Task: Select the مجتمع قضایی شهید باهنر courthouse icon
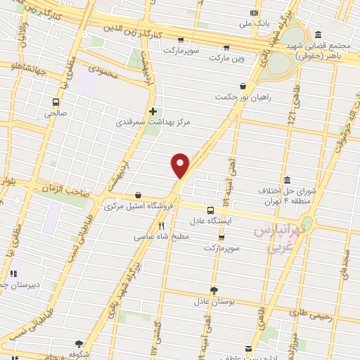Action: pyautogui.click(x=318, y=34)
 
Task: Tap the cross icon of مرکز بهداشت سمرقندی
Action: pyautogui.click(x=153, y=111)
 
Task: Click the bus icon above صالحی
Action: pyautogui.click(x=56, y=101)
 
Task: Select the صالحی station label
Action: pyautogui.click(x=56, y=112)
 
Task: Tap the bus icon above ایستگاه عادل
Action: pyautogui.click(x=210, y=210)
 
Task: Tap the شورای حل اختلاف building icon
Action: pyautogui.click(x=287, y=180)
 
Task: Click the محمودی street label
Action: pyautogui.click(x=96, y=71)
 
